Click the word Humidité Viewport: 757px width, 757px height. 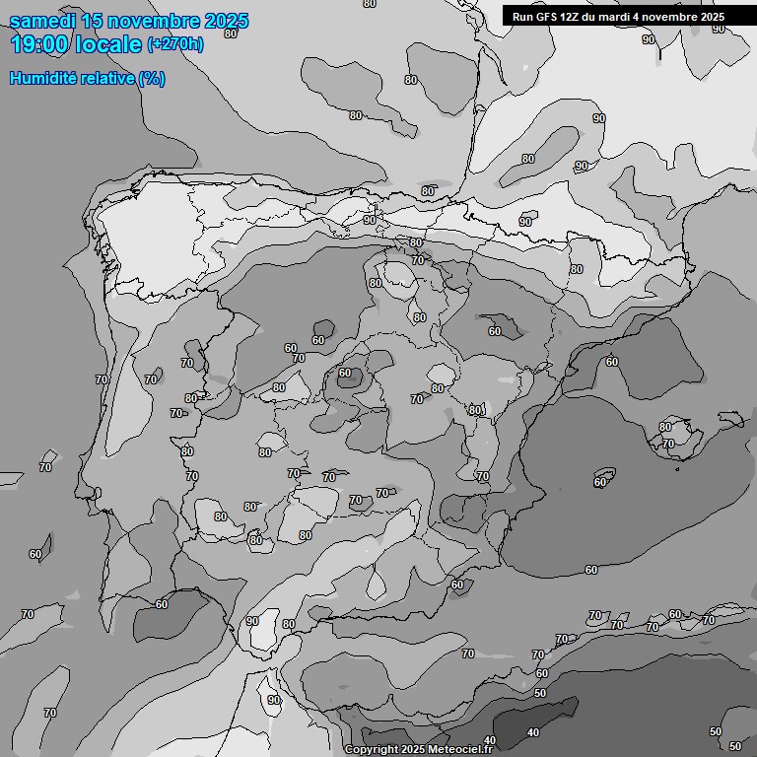41,79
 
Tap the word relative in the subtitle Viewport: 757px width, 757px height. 106,79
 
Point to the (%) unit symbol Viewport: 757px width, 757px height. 152,79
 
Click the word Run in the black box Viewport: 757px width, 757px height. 522,17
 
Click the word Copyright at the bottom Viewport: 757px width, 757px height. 372,750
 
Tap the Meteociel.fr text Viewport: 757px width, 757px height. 459,750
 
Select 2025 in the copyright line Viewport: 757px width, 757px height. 414,750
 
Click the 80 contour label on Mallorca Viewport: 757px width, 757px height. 665,427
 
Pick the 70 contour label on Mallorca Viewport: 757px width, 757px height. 668,444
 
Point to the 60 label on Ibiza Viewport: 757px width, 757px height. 599,482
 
